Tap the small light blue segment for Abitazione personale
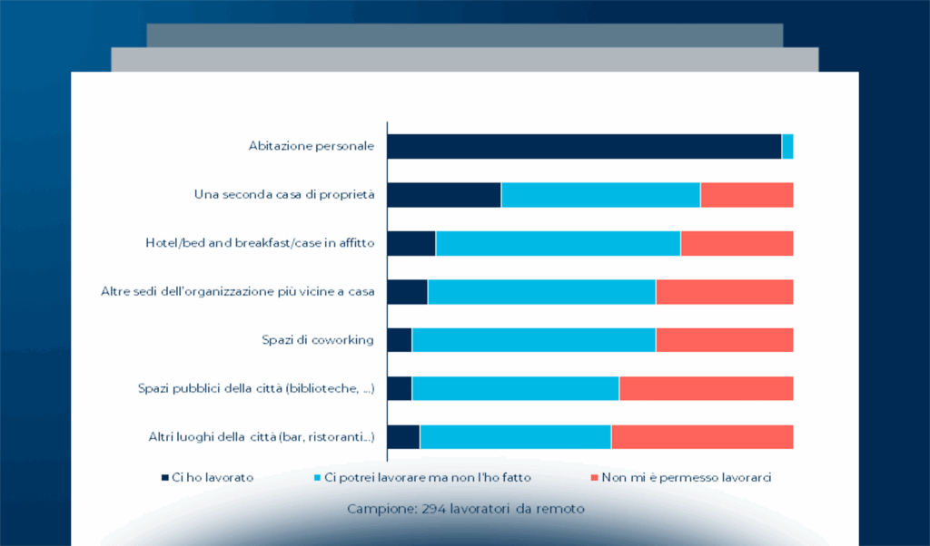click(x=787, y=146)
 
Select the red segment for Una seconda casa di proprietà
click(x=747, y=195)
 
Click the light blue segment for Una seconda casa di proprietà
click(x=600, y=195)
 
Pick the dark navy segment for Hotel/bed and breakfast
click(x=411, y=243)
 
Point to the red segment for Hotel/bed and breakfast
click(x=737, y=243)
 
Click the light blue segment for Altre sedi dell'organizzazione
click(x=541, y=291)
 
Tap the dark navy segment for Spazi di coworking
click(x=400, y=340)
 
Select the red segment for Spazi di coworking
click(x=724, y=340)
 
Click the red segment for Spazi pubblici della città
click(x=706, y=388)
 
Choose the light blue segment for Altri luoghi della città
click(x=515, y=436)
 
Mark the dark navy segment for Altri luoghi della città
click(x=403, y=436)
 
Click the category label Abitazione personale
click(x=312, y=146)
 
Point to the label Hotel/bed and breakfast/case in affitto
click(x=260, y=243)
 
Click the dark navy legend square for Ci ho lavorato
click(x=164, y=477)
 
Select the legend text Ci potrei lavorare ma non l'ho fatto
click(x=427, y=477)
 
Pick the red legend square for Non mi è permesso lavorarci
click(x=594, y=477)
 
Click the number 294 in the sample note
click(x=434, y=509)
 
